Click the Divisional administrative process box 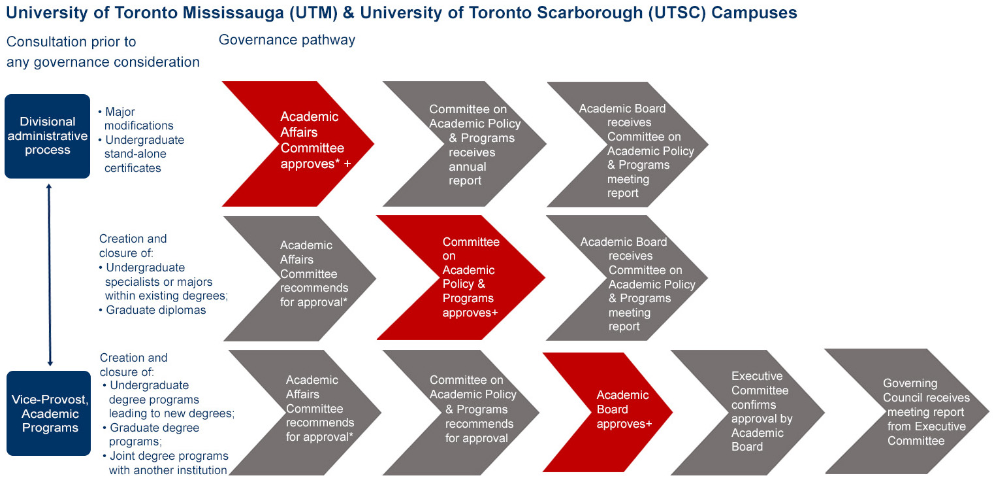(48, 136)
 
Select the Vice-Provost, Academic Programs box (49, 413)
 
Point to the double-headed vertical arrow (49, 275)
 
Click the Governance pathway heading (287, 40)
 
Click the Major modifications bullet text (136, 118)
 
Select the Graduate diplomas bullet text (153, 310)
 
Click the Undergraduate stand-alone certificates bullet (141, 154)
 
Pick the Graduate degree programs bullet (152, 434)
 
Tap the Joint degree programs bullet (165, 463)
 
